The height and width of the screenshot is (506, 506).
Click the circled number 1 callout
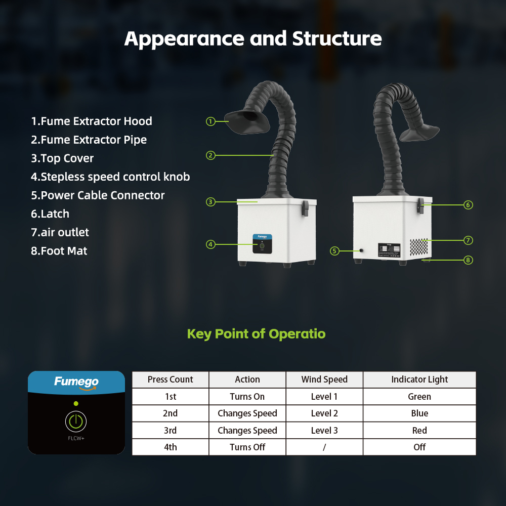pyautogui.click(x=210, y=121)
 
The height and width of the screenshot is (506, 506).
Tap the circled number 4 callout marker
pyautogui.click(x=210, y=244)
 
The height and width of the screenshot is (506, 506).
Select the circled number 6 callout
pyautogui.click(x=468, y=205)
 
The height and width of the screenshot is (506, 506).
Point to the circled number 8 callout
pyautogui.click(x=468, y=260)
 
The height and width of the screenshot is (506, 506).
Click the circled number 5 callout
pyautogui.click(x=334, y=251)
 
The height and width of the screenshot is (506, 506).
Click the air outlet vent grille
pyautogui.click(x=419, y=247)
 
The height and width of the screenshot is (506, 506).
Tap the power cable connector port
pyautogui.click(x=361, y=250)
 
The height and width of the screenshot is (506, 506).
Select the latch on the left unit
pyautogui.click(x=305, y=208)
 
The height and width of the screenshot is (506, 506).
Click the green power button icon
pyautogui.click(x=76, y=421)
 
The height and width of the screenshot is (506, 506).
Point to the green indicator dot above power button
pyautogui.click(x=76, y=403)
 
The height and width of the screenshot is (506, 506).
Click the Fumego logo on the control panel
pyautogui.click(x=76, y=383)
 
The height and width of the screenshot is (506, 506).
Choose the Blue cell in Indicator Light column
pyautogui.click(x=419, y=413)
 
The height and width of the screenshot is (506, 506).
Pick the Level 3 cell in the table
pyautogui.click(x=324, y=430)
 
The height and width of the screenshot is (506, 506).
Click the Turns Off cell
pyautogui.click(x=247, y=447)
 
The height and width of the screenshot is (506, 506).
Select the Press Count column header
pyautogui.click(x=171, y=379)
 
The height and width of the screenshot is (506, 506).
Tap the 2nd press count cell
pyautogui.click(x=171, y=413)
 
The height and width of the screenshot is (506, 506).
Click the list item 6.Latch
pyautogui.click(x=50, y=214)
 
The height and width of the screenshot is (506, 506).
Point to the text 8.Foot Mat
pyautogui.click(x=59, y=251)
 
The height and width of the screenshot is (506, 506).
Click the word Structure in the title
pyautogui.click(x=337, y=39)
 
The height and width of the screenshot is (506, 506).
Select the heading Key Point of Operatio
pyautogui.click(x=256, y=334)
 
